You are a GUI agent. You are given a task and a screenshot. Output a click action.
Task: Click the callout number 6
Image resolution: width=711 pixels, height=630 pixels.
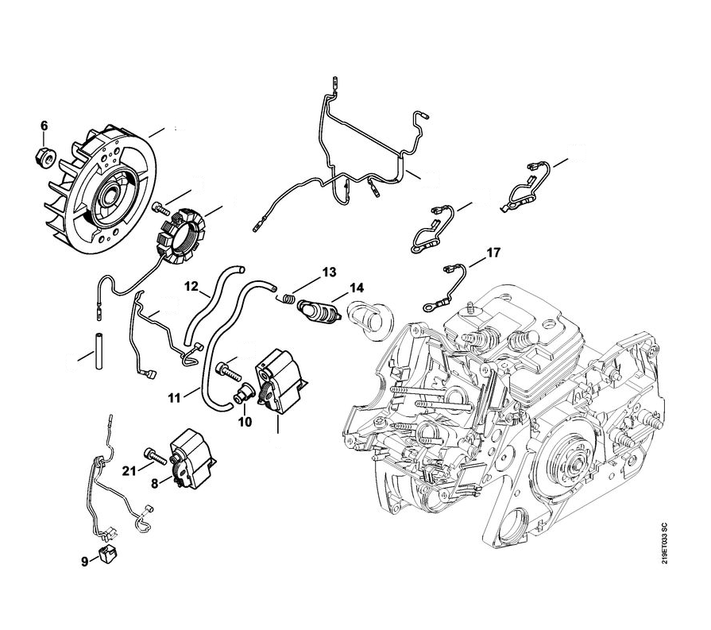coord(44,126)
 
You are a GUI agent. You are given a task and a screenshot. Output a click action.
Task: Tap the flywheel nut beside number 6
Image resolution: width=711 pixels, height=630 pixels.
coord(45,157)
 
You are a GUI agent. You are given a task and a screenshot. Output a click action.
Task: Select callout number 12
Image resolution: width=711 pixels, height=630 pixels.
coord(191,286)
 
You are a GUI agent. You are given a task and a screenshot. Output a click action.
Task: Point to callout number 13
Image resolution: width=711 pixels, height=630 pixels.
coord(329,272)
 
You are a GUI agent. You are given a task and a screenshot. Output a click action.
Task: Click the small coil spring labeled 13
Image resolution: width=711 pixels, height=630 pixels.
coord(286,299)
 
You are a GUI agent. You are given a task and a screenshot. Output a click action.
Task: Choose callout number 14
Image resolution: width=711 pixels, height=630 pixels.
coord(357,288)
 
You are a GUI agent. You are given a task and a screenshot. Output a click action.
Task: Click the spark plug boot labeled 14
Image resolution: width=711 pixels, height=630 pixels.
coord(319,312)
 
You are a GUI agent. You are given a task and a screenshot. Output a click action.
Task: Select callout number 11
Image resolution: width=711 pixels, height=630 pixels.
coord(174,398)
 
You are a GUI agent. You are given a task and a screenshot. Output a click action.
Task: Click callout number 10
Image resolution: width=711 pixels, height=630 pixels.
coord(245,422)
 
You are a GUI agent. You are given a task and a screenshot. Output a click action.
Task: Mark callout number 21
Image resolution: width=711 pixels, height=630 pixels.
coord(129,471)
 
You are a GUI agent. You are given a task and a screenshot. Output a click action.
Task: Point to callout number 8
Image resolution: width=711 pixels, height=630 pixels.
coord(155,484)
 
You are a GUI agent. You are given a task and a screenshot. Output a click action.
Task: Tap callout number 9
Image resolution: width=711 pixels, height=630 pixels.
coord(85,562)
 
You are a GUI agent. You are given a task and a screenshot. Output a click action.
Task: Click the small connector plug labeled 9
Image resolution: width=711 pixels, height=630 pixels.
coord(107,555)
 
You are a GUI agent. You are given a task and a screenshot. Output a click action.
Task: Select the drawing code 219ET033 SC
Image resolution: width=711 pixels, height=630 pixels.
coord(664,543)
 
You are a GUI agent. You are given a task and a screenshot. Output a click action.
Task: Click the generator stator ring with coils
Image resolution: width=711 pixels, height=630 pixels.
coord(181,236)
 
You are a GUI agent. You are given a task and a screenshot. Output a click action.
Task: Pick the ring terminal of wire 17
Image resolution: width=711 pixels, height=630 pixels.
coord(429,307)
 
